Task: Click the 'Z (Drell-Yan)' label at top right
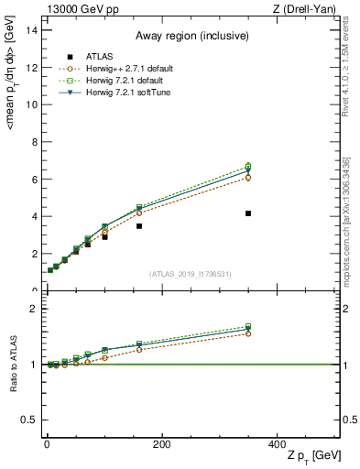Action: (308, 9)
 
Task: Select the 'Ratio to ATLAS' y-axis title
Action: (13, 364)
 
